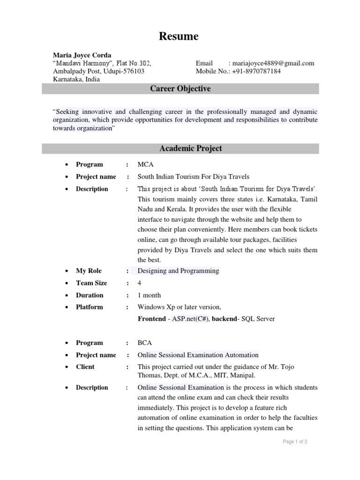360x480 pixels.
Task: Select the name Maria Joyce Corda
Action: (x=82, y=55)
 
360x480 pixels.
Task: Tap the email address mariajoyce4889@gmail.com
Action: (x=271, y=63)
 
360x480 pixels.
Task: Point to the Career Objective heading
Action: (x=180, y=89)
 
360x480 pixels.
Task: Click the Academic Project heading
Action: (x=190, y=149)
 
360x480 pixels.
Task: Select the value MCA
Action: (x=145, y=165)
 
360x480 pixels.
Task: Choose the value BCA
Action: (x=145, y=343)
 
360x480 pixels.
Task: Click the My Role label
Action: (x=89, y=271)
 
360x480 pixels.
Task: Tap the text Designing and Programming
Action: (x=178, y=271)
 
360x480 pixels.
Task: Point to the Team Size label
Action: (x=91, y=283)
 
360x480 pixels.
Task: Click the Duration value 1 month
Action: (x=149, y=295)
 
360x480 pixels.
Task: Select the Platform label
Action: (x=90, y=307)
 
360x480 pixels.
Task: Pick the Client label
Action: (x=85, y=367)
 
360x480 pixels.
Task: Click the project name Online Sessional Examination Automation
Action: (x=198, y=355)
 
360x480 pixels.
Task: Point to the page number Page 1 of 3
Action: (x=294, y=442)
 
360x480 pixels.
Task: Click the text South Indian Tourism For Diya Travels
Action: (x=193, y=177)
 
